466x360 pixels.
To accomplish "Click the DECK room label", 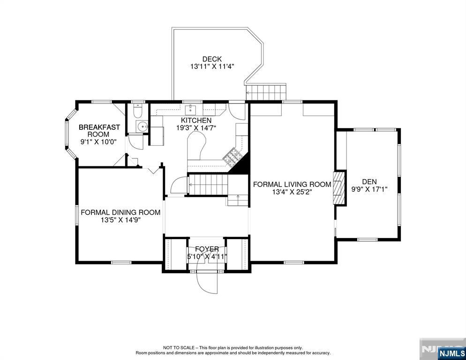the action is pyautogui.click(x=212, y=59).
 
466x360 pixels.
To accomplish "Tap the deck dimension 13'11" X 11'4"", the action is pyautogui.click(x=212, y=67).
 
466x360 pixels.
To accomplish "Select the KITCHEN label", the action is pyautogui.click(x=196, y=120).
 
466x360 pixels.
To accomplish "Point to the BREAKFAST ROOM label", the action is pyautogui.click(x=99, y=130).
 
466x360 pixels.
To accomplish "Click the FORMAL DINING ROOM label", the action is pyautogui.click(x=120, y=212).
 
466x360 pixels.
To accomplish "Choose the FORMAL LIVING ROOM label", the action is pyautogui.click(x=292, y=184).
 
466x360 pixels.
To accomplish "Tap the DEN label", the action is pyautogui.click(x=369, y=181).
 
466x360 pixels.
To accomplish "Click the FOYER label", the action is pyautogui.click(x=207, y=249).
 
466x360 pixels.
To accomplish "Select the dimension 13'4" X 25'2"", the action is pyautogui.click(x=292, y=192).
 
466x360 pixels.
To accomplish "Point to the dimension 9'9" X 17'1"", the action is pyautogui.click(x=369, y=189).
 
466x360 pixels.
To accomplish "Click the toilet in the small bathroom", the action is pyautogui.click(x=138, y=111).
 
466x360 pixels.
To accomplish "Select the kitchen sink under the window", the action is pyautogui.click(x=190, y=110).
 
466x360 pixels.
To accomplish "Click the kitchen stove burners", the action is pyautogui.click(x=232, y=157).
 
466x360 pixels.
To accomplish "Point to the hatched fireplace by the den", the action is pyautogui.click(x=338, y=187).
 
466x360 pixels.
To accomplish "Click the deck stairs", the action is pyautogui.click(x=266, y=92).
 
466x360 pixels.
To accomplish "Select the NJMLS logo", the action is pyautogui.click(x=451, y=353).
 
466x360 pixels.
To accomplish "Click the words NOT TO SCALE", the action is pyautogui.click(x=179, y=347).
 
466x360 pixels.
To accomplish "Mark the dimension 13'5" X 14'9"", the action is pyautogui.click(x=120, y=220).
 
